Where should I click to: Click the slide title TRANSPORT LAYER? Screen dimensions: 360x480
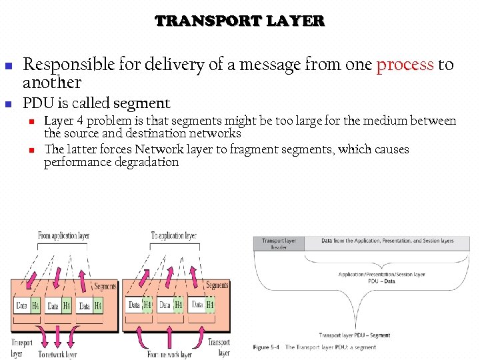coord(240,21)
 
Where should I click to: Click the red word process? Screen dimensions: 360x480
coord(405,65)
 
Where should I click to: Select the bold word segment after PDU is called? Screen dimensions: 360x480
coord(142,103)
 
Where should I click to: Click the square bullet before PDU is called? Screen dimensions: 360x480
coord(9,105)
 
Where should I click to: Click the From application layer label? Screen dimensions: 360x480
coord(63,236)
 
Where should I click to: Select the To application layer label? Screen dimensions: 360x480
coord(173,236)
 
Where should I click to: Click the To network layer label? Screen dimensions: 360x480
coord(57,355)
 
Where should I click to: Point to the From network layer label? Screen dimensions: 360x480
coord(169,355)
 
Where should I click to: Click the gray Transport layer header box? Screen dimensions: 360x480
coord(279,244)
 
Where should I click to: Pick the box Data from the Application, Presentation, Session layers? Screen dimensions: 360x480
coord(387,241)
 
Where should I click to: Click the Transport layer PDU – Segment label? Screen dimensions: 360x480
coord(354,335)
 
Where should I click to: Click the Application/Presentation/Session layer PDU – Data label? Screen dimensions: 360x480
coord(381,277)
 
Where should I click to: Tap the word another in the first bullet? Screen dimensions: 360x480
coord(52,83)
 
